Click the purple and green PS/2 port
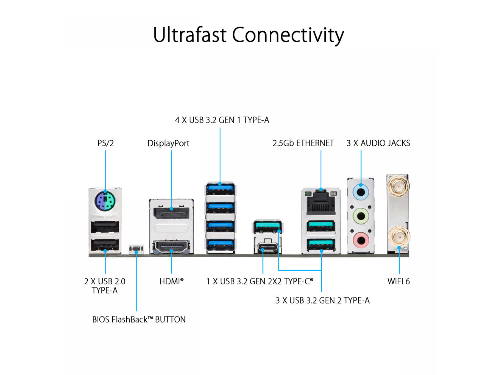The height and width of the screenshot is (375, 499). coord(105,201)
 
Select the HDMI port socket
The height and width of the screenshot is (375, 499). coord(171,246)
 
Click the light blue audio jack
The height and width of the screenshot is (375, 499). coord(361,192)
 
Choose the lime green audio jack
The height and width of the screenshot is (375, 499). coord(361,216)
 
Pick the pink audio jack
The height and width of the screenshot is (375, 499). coord(361,240)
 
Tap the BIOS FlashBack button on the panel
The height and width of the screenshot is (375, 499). coord(136,248)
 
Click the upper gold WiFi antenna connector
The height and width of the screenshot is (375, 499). coord(399,186)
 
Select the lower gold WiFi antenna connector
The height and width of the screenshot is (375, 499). coord(399,237)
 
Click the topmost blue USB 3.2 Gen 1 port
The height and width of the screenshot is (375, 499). coord(220,189)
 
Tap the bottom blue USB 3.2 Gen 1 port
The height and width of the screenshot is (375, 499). coord(220,245)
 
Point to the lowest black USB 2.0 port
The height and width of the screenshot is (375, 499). coord(105,245)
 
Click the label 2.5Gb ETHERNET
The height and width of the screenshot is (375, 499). coord(303,143)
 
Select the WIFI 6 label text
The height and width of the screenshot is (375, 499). coord(398,282)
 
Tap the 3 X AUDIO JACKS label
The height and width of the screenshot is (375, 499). coord(378,143)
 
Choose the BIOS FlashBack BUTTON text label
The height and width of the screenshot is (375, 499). coord(139,319)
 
